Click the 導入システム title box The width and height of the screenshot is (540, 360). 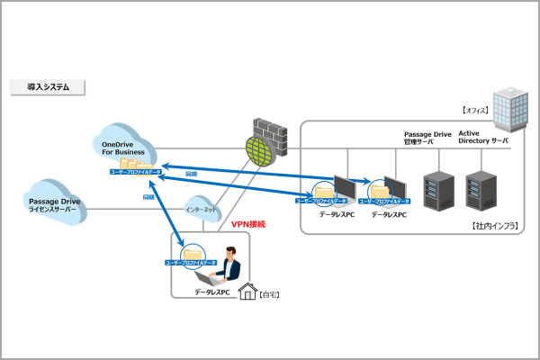[x=47, y=87]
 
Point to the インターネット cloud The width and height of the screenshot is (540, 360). [x=201, y=209]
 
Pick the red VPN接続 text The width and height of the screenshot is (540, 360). [x=248, y=223]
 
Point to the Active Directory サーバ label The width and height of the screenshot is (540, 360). [x=484, y=137]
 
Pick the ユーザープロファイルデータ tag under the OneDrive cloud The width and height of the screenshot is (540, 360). [x=135, y=171]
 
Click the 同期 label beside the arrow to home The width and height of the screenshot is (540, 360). [x=148, y=195]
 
